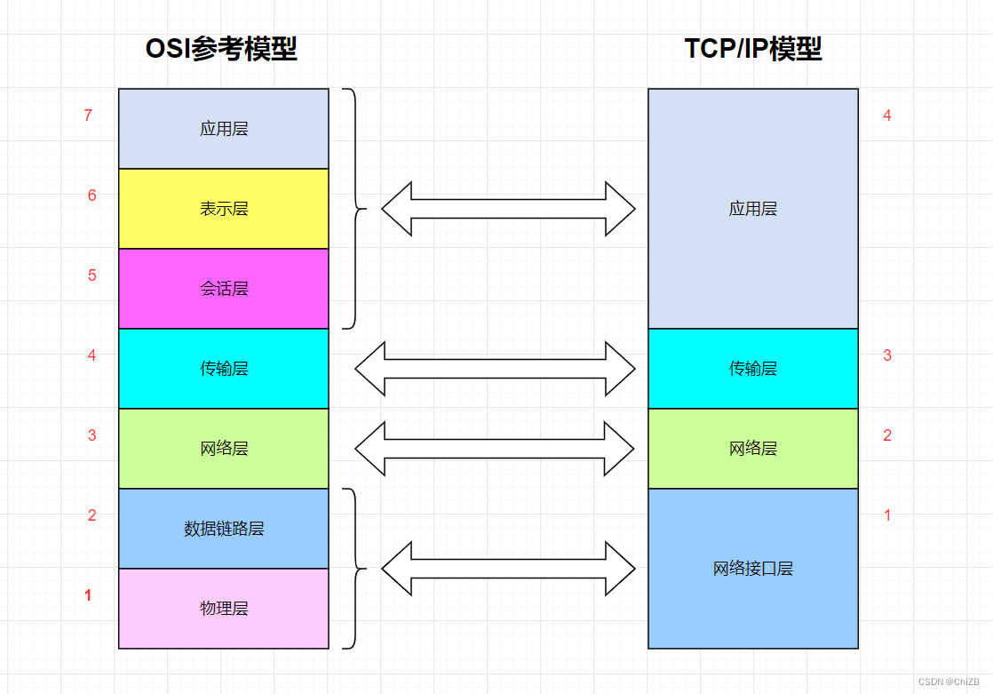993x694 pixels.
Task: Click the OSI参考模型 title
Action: pyautogui.click(x=221, y=49)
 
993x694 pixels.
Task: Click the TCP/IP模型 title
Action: pyautogui.click(x=753, y=49)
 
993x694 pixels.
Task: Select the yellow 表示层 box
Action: pyautogui.click(x=224, y=209)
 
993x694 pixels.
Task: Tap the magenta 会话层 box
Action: pyautogui.click(x=224, y=289)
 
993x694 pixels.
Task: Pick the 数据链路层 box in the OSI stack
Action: pyautogui.click(x=224, y=529)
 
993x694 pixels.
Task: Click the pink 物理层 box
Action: pyautogui.click(x=224, y=609)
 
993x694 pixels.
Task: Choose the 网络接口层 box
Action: pyautogui.click(x=753, y=569)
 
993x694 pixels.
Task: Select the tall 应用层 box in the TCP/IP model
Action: pyautogui.click(x=753, y=209)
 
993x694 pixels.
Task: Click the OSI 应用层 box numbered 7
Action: pyautogui.click(x=224, y=129)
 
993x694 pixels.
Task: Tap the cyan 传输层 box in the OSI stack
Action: pyautogui.click(x=224, y=369)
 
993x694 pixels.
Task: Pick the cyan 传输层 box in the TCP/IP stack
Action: pyautogui.click(x=753, y=369)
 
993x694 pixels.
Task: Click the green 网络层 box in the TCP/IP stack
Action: pyautogui.click(x=753, y=449)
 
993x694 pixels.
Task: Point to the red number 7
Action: pyautogui.click(x=88, y=116)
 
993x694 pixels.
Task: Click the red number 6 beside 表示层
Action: pyautogui.click(x=91, y=195)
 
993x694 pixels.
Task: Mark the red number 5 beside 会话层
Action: pyautogui.click(x=91, y=275)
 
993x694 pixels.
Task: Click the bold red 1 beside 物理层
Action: pyautogui.click(x=88, y=595)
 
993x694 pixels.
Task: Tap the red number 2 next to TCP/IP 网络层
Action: pyautogui.click(x=886, y=435)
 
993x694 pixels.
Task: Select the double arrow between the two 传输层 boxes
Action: pyautogui.click(x=495, y=368)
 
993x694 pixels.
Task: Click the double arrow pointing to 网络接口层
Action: pyautogui.click(x=508, y=568)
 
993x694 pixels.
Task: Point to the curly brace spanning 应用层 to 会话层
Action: pyautogui.click(x=355, y=209)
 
